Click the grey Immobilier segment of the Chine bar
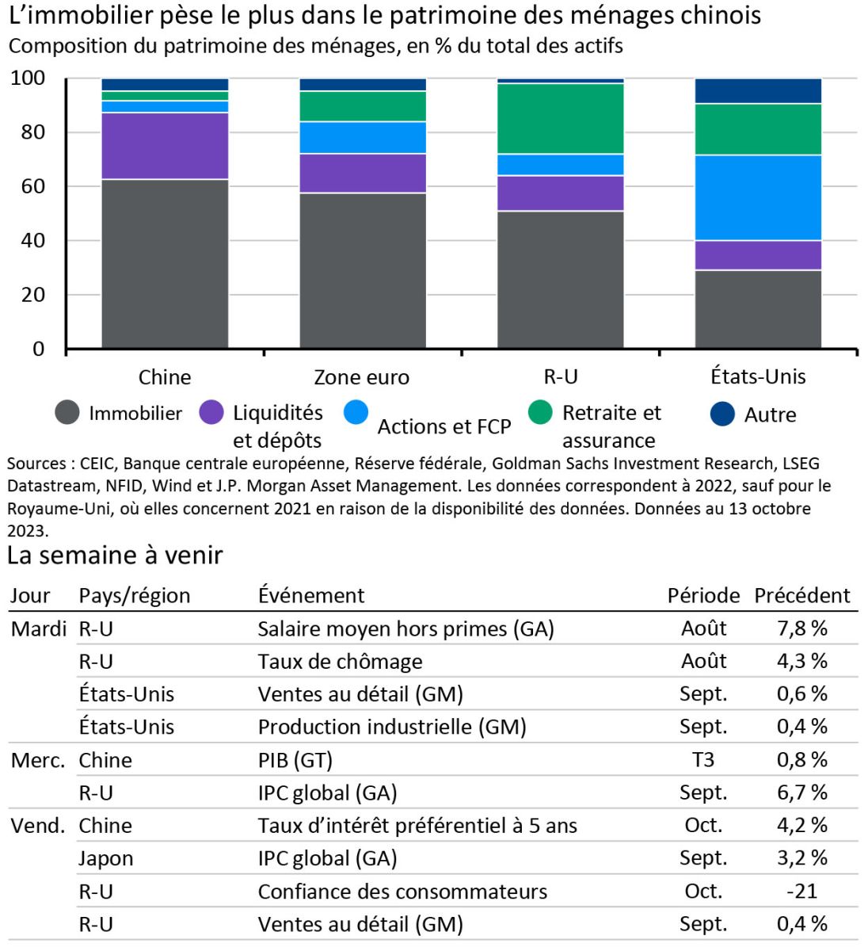165,263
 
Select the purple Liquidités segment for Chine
165,146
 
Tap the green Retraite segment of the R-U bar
561,118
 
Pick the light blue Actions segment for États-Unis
758,197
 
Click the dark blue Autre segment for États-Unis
758,91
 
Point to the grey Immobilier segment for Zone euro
363,270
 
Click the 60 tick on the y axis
32,186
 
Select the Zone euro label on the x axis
362,377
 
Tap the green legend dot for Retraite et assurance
540,412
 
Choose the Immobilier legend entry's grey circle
67,413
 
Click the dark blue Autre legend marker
722,414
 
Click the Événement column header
311,595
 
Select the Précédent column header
801,595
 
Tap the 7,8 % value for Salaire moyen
801,628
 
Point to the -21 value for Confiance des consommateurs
801,891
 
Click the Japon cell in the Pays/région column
105,858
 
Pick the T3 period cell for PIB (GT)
703,760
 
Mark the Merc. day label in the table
37,760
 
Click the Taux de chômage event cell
340,661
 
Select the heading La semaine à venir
115,556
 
